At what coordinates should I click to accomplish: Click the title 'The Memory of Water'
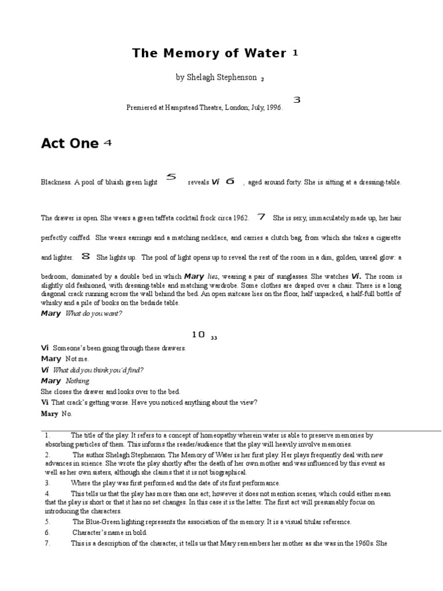[209, 54]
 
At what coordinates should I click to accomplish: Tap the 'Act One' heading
[70, 144]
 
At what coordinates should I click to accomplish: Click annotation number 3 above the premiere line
[297, 100]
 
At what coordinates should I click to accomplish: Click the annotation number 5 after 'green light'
[171, 177]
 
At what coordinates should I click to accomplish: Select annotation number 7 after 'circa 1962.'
[261, 217]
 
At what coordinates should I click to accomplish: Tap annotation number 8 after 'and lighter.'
[86, 256]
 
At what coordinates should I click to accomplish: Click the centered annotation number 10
[198, 334]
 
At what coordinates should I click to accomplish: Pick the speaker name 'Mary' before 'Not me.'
[51, 359]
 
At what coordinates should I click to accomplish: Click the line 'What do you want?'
[94, 313]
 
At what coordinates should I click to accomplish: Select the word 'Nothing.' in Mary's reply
[78, 381]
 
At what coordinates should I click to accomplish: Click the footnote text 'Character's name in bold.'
[110, 532]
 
